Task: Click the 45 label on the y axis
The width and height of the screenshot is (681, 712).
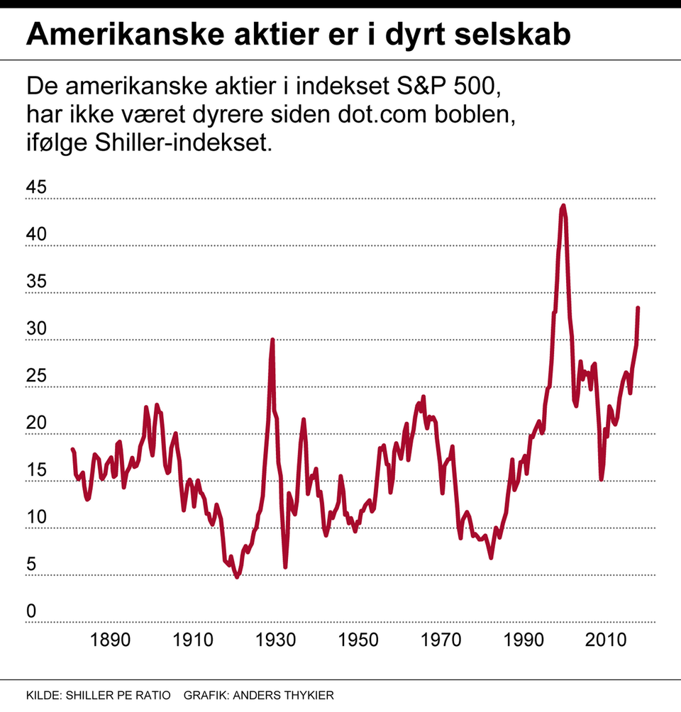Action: [36, 188]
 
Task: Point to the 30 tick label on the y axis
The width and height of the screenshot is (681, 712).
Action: [36, 329]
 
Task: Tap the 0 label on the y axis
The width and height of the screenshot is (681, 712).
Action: [31, 611]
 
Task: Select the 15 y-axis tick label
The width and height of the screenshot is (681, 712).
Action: [36, 470]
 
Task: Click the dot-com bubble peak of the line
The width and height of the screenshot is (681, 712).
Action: [563, 206]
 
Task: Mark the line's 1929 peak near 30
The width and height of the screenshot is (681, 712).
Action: [272, 340]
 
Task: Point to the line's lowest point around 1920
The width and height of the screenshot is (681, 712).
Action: [237, 577]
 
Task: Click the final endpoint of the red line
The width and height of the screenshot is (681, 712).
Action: [638, 308]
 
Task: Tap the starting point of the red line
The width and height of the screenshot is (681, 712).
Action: [72, 449]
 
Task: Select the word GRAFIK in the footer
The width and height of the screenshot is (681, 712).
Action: [204, 694]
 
